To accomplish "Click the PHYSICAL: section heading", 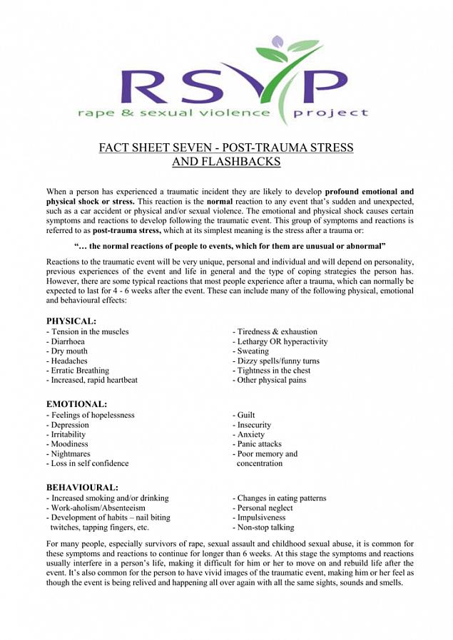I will (x=71, y=321).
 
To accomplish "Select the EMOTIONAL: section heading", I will (x=76, y=404).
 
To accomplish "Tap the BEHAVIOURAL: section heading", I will (x=82, y=487).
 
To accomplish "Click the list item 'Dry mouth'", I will (x=67, y=351).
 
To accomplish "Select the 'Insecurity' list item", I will (x=254, y=425).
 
